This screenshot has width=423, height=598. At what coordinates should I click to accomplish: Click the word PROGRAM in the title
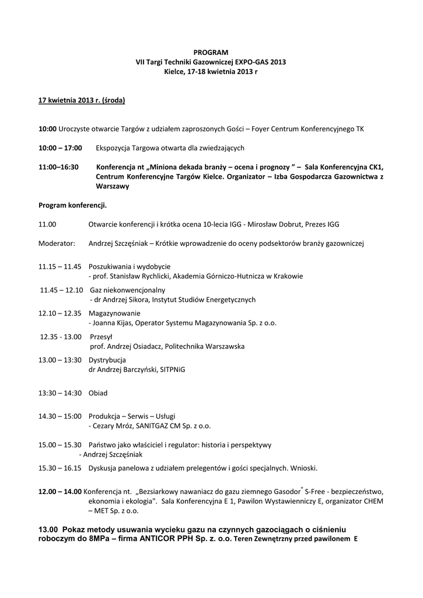click(211, 53)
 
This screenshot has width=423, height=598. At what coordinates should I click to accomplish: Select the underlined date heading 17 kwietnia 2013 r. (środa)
click(82, 100)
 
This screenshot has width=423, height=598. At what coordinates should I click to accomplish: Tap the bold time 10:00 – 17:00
click(60, 148)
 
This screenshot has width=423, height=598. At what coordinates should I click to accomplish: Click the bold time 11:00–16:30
click(58, 167)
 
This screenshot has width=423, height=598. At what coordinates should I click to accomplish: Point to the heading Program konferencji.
click(72, 205)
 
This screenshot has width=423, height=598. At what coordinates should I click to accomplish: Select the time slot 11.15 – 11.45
click(60, 266)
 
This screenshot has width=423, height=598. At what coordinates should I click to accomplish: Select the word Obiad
click(98, 393)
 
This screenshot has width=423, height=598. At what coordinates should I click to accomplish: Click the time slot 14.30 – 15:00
click(60, 416)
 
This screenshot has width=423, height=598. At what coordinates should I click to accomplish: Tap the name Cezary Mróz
click(110, 426)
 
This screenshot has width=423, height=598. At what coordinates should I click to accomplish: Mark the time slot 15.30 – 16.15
click(60, 468)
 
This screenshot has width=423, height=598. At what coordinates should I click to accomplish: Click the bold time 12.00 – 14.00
click(60, 492)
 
